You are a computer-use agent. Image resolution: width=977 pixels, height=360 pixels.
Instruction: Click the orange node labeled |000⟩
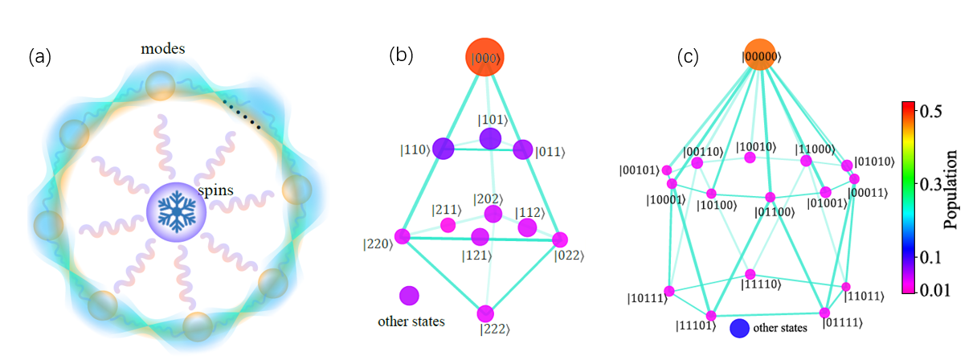pos(484,56)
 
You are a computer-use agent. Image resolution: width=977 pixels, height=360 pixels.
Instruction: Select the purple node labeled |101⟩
pos(489,139)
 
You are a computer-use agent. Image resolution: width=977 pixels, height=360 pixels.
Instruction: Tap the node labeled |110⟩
pos(443,149)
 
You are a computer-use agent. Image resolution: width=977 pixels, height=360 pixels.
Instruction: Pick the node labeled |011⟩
pos(523,149)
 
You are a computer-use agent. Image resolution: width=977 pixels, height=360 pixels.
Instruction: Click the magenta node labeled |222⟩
pos(484,313)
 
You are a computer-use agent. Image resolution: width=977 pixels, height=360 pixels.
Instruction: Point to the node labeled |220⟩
pos(402,236)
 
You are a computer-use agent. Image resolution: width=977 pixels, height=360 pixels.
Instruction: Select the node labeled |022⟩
pos(560,239)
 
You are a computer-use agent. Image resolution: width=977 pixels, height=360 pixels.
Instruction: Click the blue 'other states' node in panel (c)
pos(739,328)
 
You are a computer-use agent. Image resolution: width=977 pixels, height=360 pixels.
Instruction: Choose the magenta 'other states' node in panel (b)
pos(410,296)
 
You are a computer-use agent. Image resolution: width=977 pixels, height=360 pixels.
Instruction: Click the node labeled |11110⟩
pos(750,274)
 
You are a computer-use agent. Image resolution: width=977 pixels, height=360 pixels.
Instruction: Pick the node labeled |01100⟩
pos(770,198)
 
